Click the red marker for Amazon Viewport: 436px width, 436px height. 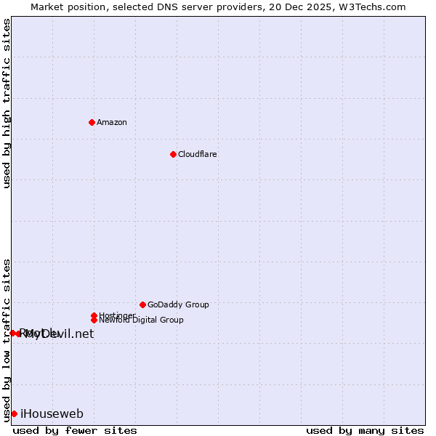(92, 122)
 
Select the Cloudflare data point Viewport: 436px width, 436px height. (173, 154)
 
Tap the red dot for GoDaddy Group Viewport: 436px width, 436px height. (142, 304)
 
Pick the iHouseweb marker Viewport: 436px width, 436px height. (14, 413)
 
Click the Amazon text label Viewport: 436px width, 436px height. (111, 122)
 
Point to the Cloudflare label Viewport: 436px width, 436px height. (197, 154)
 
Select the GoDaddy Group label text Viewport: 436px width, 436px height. (178, 304)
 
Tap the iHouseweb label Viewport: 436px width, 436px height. (52, 414)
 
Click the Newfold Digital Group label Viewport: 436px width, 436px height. (141, 320)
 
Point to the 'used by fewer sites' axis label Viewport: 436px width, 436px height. (75, 430)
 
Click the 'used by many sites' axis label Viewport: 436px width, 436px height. (365, 430)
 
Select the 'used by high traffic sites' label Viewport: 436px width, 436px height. (7, 103)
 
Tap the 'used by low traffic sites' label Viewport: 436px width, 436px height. (7, 339)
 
